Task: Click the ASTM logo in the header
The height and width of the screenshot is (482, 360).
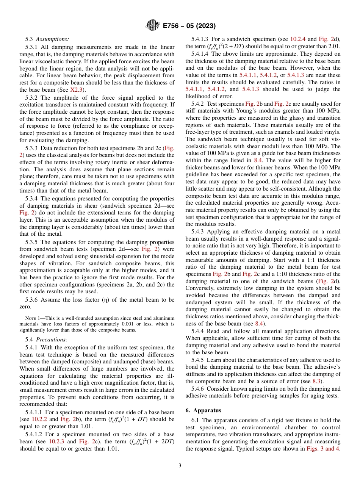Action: [x=153, y=26]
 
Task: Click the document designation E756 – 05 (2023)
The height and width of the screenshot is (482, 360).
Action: [x=189, y=26]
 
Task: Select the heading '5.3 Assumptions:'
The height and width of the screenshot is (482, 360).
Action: [x=47, y=39]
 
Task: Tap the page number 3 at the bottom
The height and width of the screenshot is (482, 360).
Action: [x=180, y=465]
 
